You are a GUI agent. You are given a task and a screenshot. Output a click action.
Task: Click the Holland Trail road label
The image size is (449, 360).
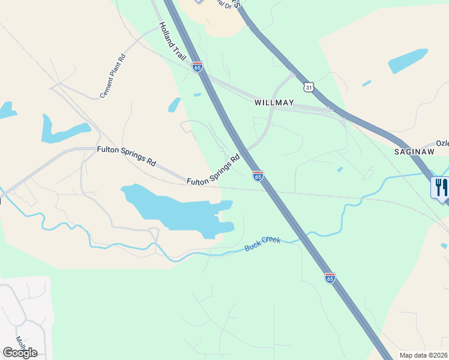click(x=173, y=41)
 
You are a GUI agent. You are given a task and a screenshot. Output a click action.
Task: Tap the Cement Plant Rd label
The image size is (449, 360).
click(x=113, y=76)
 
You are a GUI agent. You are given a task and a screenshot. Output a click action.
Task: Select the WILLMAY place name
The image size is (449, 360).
click(x=274, y=103)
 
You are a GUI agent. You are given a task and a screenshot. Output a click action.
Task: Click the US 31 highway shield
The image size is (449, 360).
click(x=309, y=87)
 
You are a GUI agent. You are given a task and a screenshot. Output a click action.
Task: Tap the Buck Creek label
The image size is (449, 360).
click(x=263, y=244)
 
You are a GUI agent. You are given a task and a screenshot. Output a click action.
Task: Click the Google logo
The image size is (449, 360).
click(x=20, y=352)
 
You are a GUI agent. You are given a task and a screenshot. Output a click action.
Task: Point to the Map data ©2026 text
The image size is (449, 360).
click(x=424, y=355)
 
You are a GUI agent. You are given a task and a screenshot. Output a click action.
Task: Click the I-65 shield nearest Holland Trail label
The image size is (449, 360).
click(x=197, y=66)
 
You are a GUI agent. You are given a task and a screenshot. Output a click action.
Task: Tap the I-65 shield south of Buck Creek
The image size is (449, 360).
click(x=330, y=278)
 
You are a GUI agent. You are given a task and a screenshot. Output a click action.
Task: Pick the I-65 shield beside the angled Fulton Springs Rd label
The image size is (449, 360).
click(x=258, y=176)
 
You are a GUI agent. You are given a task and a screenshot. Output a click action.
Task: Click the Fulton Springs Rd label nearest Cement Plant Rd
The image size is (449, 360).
click(x=127, y=155)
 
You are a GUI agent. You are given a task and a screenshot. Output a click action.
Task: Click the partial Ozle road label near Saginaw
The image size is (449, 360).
click(x=442, y=143)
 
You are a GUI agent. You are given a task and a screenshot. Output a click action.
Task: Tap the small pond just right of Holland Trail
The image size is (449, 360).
click(x=175, y=105)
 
